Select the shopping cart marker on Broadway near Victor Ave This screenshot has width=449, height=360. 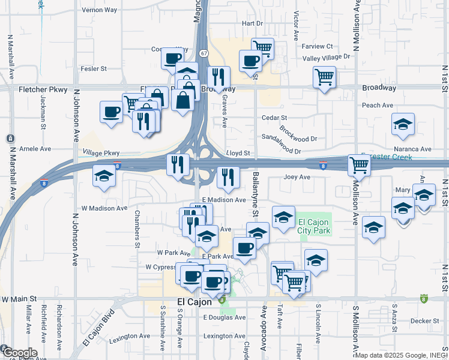point(324,77)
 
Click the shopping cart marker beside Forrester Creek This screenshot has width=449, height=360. point(359,164)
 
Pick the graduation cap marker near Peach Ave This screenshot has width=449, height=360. point(403,124)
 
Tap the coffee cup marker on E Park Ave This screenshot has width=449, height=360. point(244,248)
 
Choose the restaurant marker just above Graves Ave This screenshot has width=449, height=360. point(218,77)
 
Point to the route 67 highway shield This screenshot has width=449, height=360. point(204,53)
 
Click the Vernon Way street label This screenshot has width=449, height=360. point(100,10)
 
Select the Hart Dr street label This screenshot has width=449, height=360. point(252,23)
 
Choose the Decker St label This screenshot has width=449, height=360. point(425,321)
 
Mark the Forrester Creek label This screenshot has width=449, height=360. point(391,157)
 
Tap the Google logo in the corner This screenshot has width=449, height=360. point(19,352)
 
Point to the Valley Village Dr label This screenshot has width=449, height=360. point(326,57)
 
